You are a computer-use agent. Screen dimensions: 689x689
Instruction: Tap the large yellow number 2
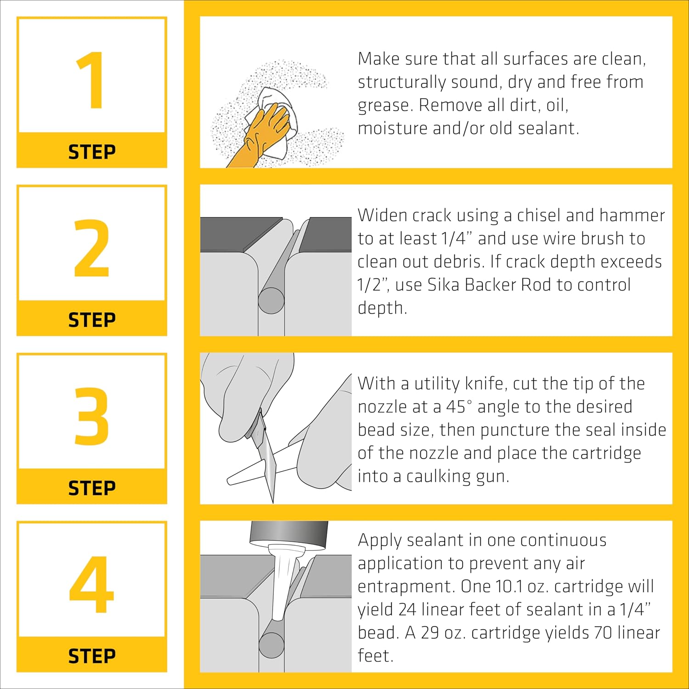point(92,248)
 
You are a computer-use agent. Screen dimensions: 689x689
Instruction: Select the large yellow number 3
point(92,416)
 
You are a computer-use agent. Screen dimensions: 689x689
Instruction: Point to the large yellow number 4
point(91,584)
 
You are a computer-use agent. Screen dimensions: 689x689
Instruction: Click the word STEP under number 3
point(92,488)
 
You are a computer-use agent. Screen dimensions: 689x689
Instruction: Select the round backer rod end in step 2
point(271,301)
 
